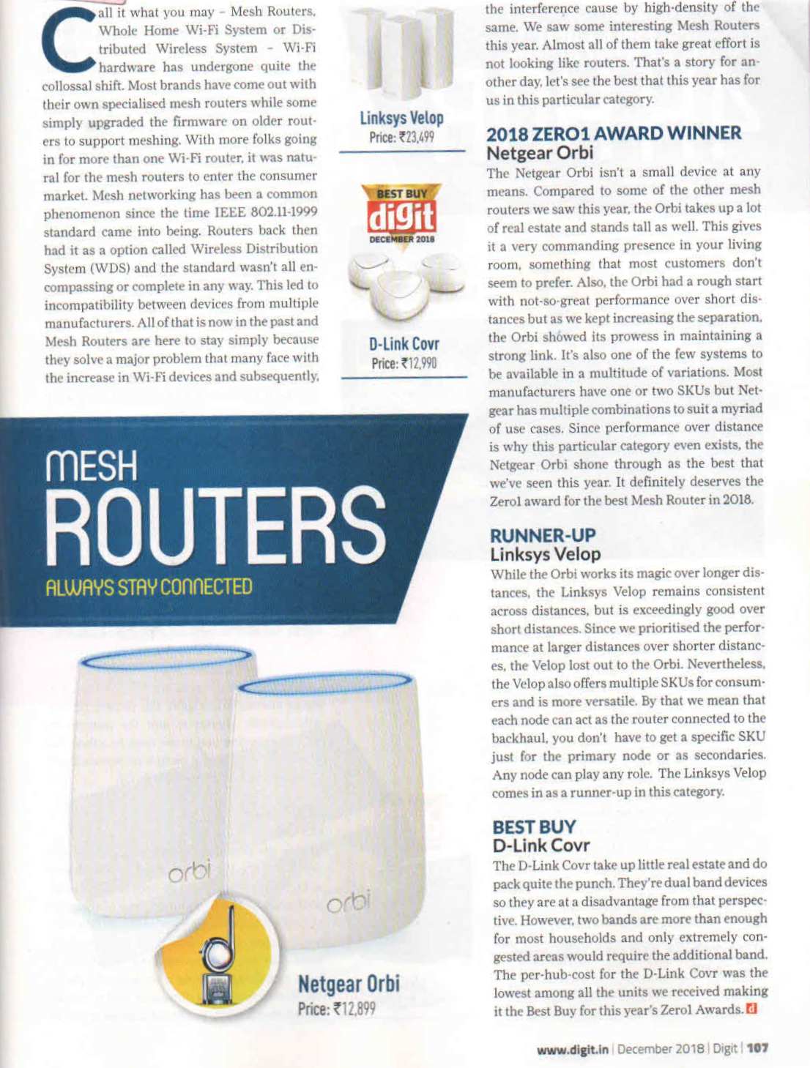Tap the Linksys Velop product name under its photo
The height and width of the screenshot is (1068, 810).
(401, 118)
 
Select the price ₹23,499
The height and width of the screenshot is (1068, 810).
(401, 137)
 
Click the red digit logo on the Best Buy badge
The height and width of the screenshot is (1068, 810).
(401, 217)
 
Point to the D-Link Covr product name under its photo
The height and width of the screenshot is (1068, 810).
(404, 344)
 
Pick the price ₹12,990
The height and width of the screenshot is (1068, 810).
(404, 363)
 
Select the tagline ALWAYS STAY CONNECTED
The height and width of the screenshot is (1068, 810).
(149, 587)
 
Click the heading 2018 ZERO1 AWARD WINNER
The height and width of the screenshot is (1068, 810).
(614, 133)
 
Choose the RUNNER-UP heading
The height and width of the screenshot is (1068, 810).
(542, 535)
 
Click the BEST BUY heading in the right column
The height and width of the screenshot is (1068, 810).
(534, 826)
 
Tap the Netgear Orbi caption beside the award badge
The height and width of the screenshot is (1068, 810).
(349, 983)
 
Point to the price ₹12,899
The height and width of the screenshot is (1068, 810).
(336, 1009)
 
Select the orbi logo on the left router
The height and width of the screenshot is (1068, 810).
(189, 871)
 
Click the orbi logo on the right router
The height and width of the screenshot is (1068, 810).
(349, 900)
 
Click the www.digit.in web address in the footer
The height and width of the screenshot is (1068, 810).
(572, 1049)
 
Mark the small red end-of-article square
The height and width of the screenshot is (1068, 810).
(751, 1010)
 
